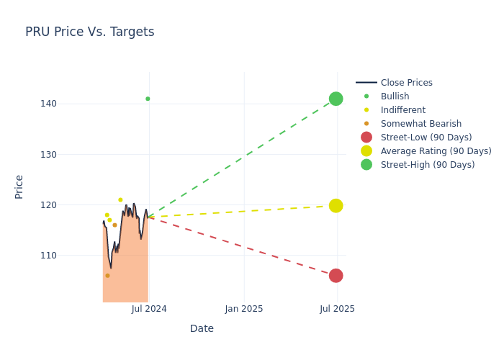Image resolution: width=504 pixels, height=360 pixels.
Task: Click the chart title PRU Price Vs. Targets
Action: (x=89, y=32)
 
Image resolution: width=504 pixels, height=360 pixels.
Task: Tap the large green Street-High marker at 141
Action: (x=336, y=99)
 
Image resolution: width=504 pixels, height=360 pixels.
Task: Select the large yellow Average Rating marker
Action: (x=336, y=206)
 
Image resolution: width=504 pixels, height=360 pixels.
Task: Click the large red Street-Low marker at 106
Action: (x=336, y=276)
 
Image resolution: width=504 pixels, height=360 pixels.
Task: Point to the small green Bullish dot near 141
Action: (x=148, y=99)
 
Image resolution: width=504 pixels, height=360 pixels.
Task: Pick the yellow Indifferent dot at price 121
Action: (x=120, y=200)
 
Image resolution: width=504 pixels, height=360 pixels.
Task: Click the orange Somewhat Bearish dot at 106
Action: (x=107, y=276)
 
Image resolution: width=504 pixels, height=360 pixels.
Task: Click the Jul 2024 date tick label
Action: (x=149, y=309)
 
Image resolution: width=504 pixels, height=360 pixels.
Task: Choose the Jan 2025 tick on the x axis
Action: (x=244, y=309)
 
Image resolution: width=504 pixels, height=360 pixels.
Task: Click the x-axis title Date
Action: (x=202, y=329)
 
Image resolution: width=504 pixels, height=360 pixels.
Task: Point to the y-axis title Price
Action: (x=19, y=186)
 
